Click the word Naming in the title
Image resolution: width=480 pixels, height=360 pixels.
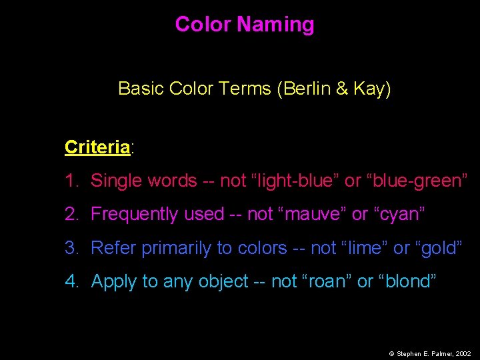coord(275,25)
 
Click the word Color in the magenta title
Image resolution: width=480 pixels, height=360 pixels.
coord(203,25)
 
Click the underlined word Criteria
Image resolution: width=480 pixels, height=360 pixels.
coord(97,147)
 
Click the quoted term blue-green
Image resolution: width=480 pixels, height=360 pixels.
coord(417,181)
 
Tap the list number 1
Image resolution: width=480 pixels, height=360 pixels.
coord(71,181)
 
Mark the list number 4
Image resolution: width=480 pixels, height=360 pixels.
coord(71,281)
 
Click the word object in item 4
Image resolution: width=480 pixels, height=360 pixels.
coord(223,281)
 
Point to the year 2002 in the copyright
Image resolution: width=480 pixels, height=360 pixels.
coord(463,354)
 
